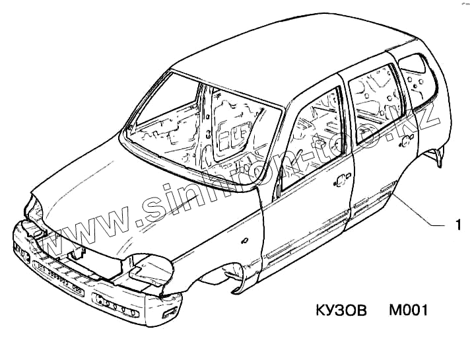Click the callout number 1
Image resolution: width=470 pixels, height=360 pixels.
(457, 225)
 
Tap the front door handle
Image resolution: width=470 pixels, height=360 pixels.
(342, 178)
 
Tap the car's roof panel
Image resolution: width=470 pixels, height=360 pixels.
(277, 59)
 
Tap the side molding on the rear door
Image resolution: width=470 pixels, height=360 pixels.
(374, 198)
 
